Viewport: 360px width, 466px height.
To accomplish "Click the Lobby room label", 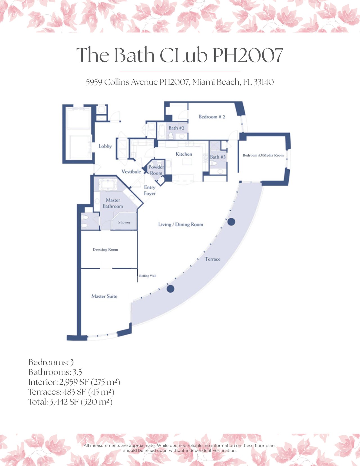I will (105, 146).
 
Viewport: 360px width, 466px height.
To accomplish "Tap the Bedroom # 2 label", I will (212, 116).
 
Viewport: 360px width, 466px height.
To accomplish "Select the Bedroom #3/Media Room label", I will (263, 155).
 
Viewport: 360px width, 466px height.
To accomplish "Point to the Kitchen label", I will (184, 154).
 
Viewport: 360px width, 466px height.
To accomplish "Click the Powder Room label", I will (156, 170).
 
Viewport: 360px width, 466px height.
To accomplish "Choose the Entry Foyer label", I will (150, 190).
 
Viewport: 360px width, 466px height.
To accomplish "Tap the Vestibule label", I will (131, 171).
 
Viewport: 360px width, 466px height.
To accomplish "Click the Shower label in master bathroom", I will (124, 222).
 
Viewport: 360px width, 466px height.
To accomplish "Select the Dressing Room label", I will (105, 249).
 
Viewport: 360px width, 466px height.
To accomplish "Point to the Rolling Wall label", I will (148, 276).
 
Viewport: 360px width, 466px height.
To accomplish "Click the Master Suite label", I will (104, 296).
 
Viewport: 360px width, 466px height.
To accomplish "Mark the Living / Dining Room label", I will (181, 224).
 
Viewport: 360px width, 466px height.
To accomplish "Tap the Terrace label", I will (212, 259).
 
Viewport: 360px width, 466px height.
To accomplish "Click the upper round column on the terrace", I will (231, 222).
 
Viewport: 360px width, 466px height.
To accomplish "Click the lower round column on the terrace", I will (170, 289).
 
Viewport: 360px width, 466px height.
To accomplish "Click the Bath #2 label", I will (176, 128).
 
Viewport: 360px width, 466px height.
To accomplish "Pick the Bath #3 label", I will (218, 157).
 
